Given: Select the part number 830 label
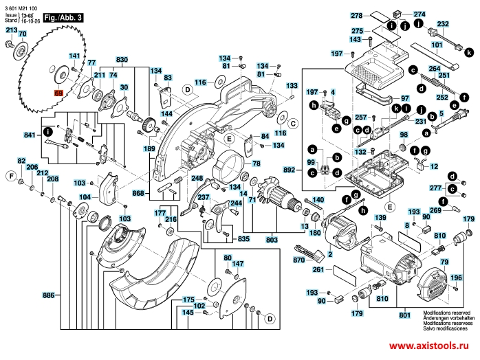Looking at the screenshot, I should [122, 60].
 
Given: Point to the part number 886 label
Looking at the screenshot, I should [48, 295].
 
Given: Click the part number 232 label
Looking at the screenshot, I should [444, 24].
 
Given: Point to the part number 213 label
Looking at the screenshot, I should [12, 31].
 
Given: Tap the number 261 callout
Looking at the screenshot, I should [318, 270].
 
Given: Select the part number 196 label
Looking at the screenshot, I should [455, 278].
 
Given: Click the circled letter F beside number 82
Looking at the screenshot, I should [11, 176].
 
